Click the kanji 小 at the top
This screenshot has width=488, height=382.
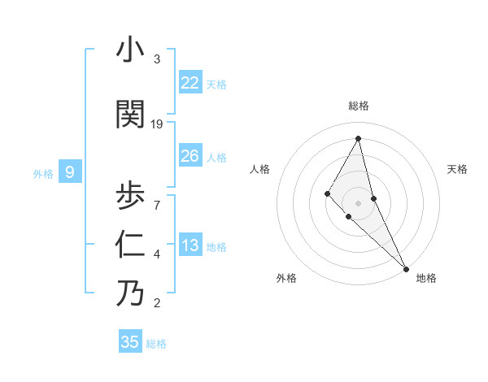click(x=130, y=50)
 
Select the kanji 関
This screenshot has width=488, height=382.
click(x=130, y=115)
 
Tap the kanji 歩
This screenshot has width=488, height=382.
click(x=130, y=195)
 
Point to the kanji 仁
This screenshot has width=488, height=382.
click(x=130, y=245)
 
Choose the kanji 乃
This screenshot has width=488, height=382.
click(x=130, y=293)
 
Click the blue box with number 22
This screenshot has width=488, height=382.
click(x=190, y=83)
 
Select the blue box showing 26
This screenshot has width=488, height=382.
click(x=190, y=156)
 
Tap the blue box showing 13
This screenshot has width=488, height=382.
click(x=190, y=245)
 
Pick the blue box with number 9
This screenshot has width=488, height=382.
click(x=70, y=172)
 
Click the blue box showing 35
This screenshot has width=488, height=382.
click(x=129, y=342)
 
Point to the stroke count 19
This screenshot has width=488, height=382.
click(x=157, y=124)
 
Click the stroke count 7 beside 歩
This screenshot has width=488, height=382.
click(x=157, y=204)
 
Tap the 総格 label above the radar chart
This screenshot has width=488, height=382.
click(x=359, y=106)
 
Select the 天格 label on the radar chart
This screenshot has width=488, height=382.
click(x=457, y=169)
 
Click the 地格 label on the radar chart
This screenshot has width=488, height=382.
click(x=426, y=278)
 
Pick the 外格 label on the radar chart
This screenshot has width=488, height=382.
click(x=286, y=278)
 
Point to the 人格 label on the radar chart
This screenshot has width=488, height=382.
click(x=259, y=169)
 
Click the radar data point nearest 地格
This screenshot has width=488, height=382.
click(x=406, y=267)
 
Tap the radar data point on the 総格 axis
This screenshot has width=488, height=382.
click(x=358, y=137)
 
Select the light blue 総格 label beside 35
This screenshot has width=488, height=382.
click(x=156, y=344)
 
